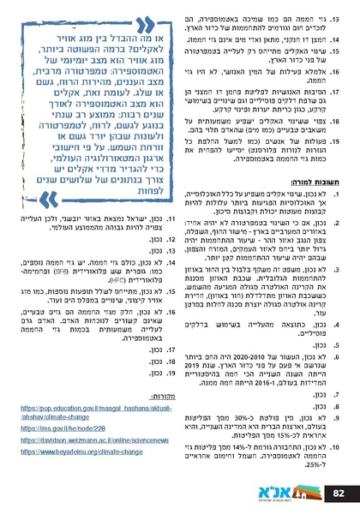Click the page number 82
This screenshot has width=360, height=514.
point(338,492)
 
